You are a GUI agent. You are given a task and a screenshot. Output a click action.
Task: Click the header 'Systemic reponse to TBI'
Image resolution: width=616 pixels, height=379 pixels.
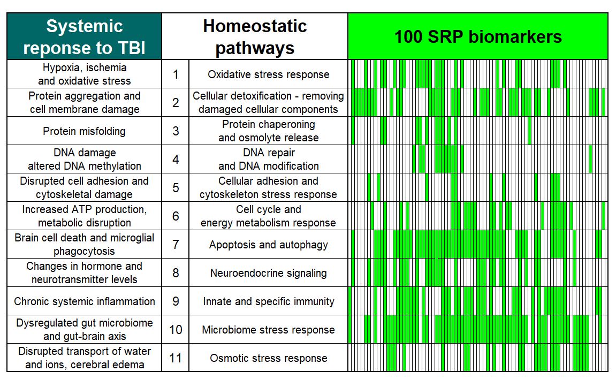pyautogui.click(x=84, y=36)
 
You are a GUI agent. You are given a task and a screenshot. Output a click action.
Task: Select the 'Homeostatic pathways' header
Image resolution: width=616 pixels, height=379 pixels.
pyautogui.click(x=255, y=36)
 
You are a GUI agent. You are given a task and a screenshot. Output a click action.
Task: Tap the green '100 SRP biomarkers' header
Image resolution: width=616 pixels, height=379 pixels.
pyautogui.click(x=477, y=36)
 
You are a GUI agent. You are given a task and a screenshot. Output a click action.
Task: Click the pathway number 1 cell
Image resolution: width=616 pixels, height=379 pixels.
pyautogui.click(x=176, y=74)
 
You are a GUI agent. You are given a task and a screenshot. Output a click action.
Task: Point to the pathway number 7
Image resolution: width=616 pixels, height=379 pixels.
pyautogui.click(x=176, y=245)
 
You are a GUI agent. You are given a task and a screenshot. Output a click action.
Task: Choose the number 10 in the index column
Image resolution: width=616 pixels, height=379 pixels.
pyautogui.click(x=176, y=330)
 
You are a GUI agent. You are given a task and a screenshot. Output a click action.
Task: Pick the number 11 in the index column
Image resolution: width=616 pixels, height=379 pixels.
pyautogui.click(x=176, y=358)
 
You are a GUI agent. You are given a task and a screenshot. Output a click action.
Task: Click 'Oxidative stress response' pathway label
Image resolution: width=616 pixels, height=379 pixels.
pyautogui.click(x=268, y=74)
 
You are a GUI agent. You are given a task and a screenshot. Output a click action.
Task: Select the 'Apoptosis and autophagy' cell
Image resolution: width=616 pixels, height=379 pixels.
pyautogui.click(x=268, y=245)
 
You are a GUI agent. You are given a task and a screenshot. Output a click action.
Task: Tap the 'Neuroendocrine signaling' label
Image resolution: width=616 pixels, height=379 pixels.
pyautogui.click(x=268, y=273)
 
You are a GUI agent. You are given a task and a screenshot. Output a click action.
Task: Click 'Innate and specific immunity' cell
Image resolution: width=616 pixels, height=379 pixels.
pyautogui.click(x=268, y=301)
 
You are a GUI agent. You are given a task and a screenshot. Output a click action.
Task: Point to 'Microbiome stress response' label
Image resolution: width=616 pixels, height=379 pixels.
pyautogui.click(x=268, y=330)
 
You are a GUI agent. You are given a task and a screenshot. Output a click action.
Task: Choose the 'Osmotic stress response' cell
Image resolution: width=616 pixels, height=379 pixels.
pyautogui.click(x=268, y=358)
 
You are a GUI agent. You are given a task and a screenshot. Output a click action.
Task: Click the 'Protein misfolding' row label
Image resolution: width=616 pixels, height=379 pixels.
pyautogui.click(x=84, y=131)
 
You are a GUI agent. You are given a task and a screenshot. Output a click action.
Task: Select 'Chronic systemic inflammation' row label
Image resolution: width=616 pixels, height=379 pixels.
pyautogui.click(x=84, y=301)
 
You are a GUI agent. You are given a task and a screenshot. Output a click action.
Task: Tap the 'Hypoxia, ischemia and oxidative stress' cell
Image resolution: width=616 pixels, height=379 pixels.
pyautogui.click(x=84, y=74)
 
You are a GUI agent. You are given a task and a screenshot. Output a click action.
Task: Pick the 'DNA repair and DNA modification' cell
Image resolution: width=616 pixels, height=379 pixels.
pyautogui.click(x=268, y=160)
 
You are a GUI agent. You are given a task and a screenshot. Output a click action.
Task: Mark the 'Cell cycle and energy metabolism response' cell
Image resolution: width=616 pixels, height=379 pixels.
pyautogui.click(x=268, y=216)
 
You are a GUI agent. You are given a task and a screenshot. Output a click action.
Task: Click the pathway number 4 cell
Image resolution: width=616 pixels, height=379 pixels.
pyautogui.click(x=176, y=160)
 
